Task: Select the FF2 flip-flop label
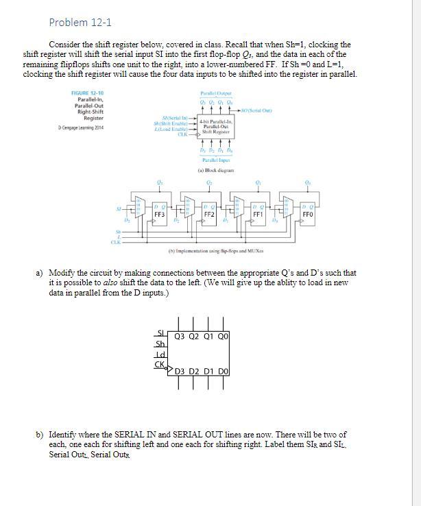coord(210,214)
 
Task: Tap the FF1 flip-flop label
coord(258,214)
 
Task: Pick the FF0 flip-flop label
coord(309,214)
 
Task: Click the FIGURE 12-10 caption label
coord(88,93)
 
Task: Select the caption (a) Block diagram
coord(217,169)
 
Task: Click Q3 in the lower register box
coord(181,336)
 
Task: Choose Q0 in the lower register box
coord(222,336)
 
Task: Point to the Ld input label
coord(161,354)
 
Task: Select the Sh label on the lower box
coord(160,344)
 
